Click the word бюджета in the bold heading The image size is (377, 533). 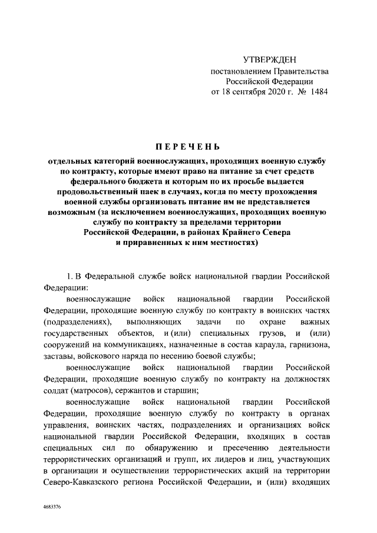tap(177, 181)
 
